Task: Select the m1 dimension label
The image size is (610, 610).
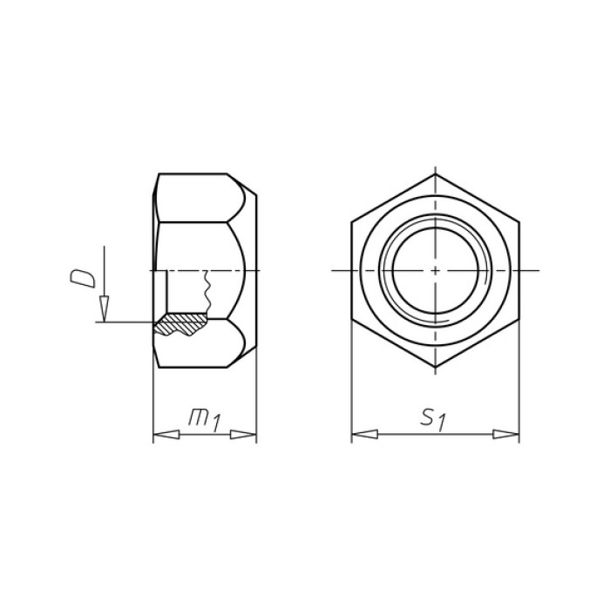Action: (205, 419)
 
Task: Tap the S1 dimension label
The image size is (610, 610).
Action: (433, 419)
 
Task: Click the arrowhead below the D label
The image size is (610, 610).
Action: (104, 308)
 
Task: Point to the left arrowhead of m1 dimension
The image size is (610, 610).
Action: (166, 435)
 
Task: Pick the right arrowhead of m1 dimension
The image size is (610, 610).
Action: (243, 435)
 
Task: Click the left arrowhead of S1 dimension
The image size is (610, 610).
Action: (364, 434)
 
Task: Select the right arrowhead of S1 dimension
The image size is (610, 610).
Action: (505, 434)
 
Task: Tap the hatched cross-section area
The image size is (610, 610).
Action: (180, 323)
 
